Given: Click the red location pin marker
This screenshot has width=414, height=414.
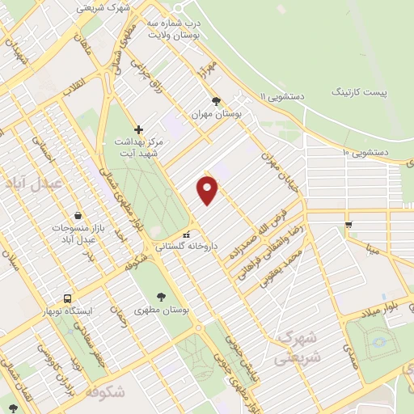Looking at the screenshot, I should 208,191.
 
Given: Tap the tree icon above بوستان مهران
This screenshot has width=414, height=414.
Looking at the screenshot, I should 215,101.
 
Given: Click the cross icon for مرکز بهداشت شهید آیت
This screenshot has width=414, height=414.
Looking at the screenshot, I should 138,129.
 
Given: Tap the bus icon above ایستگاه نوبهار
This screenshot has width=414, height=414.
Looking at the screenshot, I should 68,298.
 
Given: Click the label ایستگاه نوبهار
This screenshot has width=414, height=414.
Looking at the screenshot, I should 68,311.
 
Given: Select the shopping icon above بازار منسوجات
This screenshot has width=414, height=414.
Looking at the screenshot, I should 77,216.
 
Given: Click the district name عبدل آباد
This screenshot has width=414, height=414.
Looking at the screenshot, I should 33,184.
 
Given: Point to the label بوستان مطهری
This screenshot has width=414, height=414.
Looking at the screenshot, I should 161,309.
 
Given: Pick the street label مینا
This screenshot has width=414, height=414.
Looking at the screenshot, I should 371,248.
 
